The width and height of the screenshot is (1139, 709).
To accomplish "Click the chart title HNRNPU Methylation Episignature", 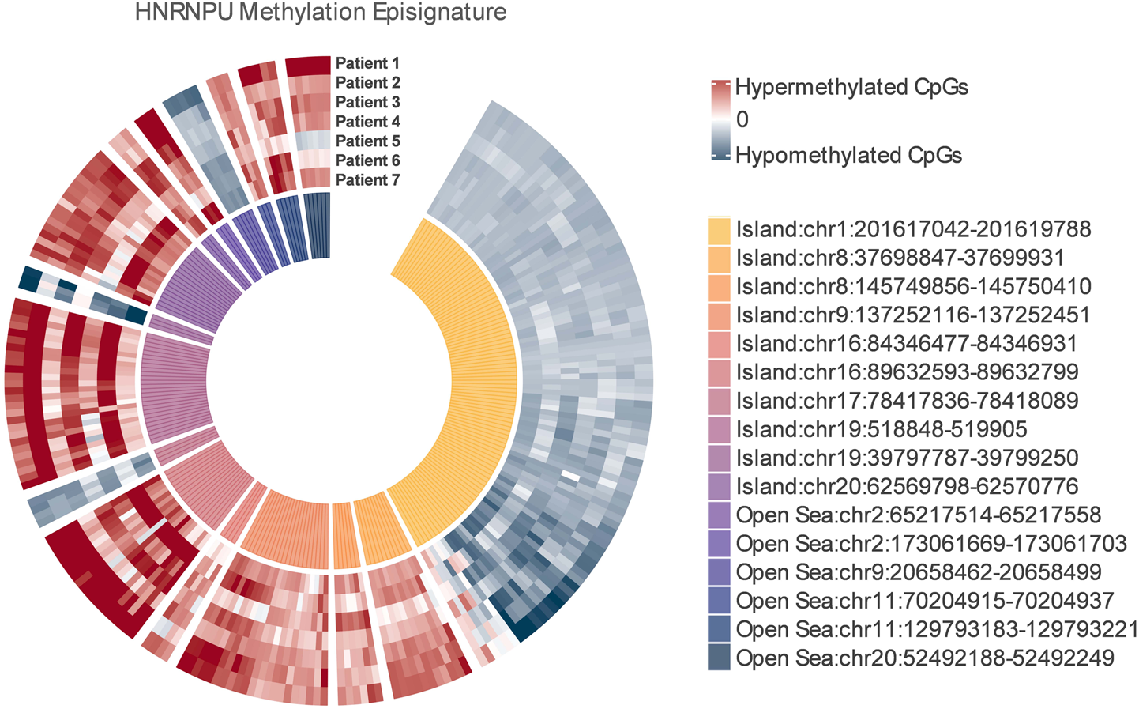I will pos(320,13).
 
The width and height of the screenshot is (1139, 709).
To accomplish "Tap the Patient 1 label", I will pos(367,63).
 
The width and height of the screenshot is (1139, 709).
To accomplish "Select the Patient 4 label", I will pos(367,122).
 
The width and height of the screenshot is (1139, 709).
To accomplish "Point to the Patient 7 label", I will pos(367,180).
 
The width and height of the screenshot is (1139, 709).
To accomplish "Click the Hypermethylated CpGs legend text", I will pos(851,87).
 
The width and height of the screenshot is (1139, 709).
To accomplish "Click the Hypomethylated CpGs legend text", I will pos(848,155).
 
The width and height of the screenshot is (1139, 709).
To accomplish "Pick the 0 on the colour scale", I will pos(742,120).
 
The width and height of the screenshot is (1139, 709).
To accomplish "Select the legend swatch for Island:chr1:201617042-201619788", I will pos(719,230).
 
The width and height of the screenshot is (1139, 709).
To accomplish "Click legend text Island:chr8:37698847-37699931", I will pos(900,258).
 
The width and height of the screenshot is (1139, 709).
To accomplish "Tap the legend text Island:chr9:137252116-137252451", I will pos(913,315).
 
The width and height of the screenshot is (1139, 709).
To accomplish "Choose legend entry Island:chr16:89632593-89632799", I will pos(907,372).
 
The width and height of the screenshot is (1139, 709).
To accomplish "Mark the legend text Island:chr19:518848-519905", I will pos(882,429).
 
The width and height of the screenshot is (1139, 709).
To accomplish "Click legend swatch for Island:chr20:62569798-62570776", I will pos(719,487).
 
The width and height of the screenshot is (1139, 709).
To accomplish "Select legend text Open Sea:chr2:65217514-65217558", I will pos(918,515).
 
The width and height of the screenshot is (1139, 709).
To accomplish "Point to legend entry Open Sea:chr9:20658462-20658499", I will pos(918,572).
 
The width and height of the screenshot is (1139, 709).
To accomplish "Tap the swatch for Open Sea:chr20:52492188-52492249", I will pos(719,658).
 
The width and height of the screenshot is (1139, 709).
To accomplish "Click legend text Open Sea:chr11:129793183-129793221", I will pos(937,629).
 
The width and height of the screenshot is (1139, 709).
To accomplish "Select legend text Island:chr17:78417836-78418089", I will pos(907,401).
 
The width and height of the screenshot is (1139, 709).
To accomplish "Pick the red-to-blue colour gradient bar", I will pos(719,120).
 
